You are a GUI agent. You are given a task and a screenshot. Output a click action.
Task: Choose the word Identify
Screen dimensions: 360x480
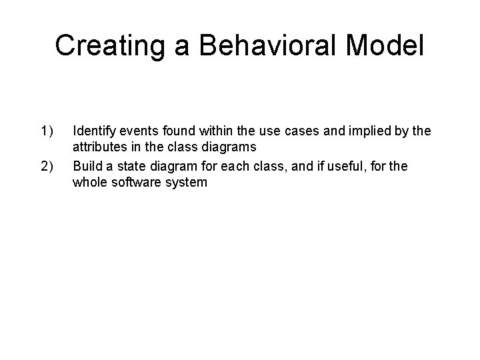93,131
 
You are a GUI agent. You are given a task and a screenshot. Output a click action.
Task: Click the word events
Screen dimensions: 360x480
137,131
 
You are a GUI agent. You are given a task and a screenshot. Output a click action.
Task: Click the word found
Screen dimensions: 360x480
172,131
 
